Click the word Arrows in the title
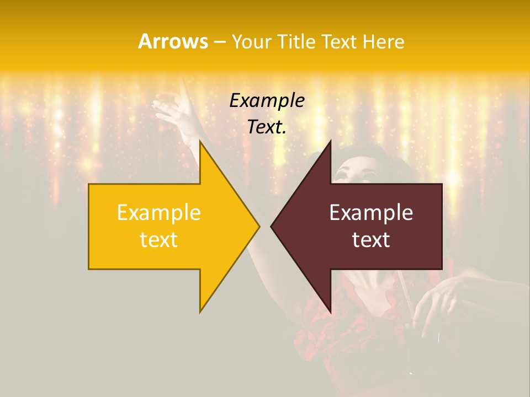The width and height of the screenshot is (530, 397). pos(173,41)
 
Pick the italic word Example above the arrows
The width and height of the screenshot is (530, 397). pos(267,101)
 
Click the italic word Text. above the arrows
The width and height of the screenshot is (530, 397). pos(267,127)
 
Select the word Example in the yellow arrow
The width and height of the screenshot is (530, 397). pos(159,213)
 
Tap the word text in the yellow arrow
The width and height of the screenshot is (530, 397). pos(159,240)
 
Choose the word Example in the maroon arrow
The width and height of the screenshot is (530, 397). pos(371,213)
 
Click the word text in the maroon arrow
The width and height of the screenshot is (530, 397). pos(371,240)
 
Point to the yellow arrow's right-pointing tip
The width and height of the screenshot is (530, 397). pos(259,226)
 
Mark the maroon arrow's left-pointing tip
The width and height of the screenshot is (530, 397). pos(271,226)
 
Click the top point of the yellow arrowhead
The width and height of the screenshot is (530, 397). pos(200,141)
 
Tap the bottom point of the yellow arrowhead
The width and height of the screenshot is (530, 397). pos(200,312)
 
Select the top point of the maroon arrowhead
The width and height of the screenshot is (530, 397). pos(330,141)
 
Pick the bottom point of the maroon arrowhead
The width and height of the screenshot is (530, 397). pos(330,313)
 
